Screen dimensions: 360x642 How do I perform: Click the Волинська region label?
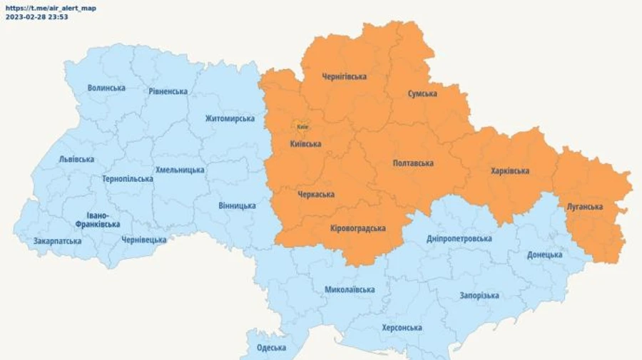click(106, 88)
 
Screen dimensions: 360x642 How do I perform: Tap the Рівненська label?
click(168, 91)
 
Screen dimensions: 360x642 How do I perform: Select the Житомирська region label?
click(230, 118)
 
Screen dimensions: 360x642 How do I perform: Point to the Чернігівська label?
click(345, 76)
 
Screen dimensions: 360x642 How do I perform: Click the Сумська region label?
click(423, 93)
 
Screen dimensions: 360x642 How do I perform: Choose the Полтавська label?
click(413, 163)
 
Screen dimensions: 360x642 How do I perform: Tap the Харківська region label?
click(510, 171)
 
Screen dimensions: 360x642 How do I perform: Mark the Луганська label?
click(585, 207)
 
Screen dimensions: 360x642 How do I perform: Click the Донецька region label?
click(545, 254)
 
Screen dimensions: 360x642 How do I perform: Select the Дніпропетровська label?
click(459, 238)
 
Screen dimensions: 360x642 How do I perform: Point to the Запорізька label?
click(479, 295)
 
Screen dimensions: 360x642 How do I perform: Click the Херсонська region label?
click(402, 328)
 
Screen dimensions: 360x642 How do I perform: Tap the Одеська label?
click(272, 348)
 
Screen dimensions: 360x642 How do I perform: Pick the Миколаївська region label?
click(350, 289)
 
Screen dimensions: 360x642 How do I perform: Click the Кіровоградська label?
click(358, 228)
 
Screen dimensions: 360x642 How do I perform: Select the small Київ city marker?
click(302, 127)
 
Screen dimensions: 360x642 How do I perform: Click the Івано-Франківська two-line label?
click(98, 220)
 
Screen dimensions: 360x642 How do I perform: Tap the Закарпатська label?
click(57, 241)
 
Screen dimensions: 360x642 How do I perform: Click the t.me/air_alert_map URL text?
click(51, 8)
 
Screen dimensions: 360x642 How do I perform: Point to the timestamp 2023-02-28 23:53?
click(37, 16)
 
